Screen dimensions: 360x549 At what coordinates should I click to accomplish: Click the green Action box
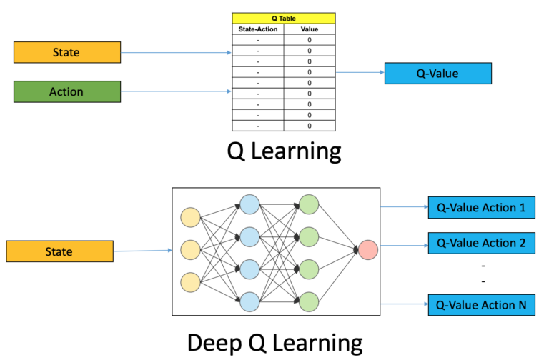pyautogui.click(x=66, y=91)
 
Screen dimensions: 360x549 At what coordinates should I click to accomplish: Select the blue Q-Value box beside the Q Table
pyautogui.click(x=437, y=73)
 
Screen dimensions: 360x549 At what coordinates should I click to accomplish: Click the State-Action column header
pyautogui.click(x=257, y=30)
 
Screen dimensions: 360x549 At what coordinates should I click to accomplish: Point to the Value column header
pyautogui.click(x=309, y=30)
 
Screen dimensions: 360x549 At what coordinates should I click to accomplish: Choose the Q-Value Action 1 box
pyautogui.click(x=481, y=208)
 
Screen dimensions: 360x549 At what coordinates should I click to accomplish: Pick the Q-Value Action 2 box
pyautogui.click(x=481, y=243)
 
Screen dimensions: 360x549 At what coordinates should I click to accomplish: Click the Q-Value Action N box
pyautogui.click(x=481, y=305)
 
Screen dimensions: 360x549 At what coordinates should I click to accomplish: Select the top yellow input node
pyautogui.click(x=192, y=217)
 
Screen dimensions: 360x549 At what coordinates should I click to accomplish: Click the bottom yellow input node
pyautogui.click(x=192, y=282)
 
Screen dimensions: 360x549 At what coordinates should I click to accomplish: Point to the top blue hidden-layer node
pyautogui.click(x=250, y=204)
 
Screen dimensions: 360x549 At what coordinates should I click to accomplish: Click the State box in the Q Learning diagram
pyautogui.click(x=66, y=52)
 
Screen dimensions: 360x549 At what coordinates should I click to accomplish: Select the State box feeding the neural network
pyautogui.click(x=59, y=251)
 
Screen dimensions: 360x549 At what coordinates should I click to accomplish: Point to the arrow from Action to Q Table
pyautogui.click(x=176, y=91)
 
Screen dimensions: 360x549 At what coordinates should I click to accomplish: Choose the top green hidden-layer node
pyautogui.click(x=310, y=204)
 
